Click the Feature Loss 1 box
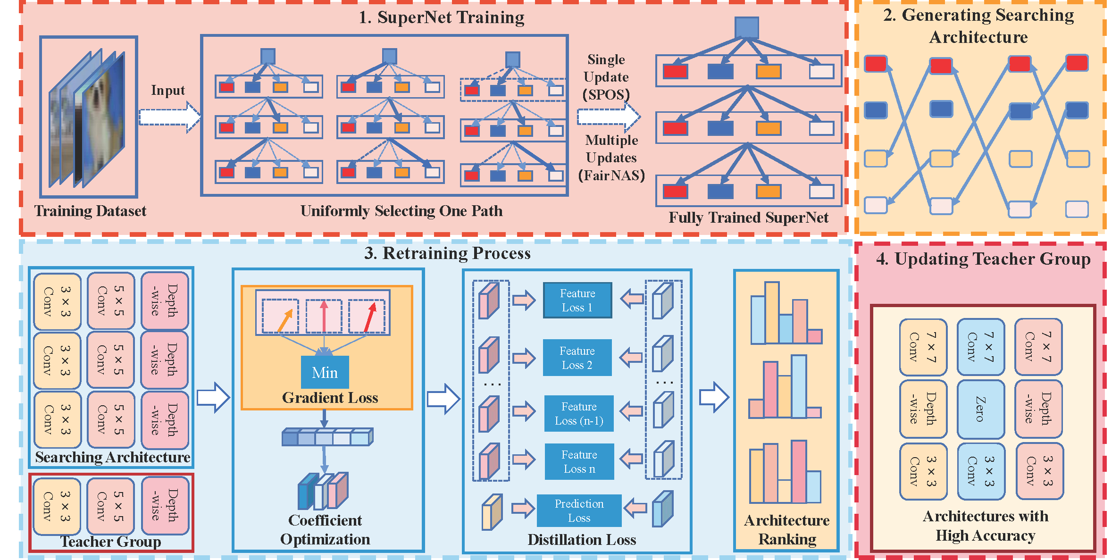(577, 301)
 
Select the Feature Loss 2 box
(577, 358)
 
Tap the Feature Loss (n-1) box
(579, 414)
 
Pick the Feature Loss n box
(579, 461)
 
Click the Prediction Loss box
(579, 510)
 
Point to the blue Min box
(325, 372)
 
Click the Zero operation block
(980, 409)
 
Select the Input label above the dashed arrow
(167, 90)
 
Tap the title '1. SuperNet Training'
(441, 17)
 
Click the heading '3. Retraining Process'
(447, 253)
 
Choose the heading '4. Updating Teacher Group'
(983, 259)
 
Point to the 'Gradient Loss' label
(330, 398)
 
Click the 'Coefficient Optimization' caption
(325, 529)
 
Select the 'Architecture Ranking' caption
(786, 529)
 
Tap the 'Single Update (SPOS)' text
(606, 77)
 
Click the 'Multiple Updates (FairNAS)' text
(611, 158)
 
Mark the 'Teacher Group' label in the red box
(110, 542)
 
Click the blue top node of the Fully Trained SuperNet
(746, 28)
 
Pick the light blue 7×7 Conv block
(980, 347)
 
